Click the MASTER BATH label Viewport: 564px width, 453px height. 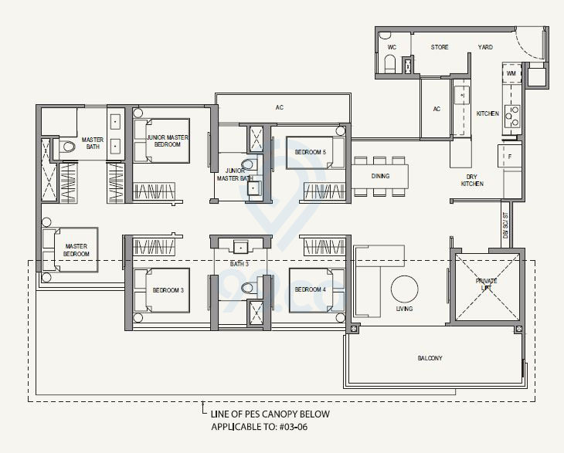coord(93,143)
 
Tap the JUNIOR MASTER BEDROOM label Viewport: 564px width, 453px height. coord(168,140)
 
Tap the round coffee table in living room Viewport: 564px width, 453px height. coord(404,290)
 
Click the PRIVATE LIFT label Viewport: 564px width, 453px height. coord(487,285)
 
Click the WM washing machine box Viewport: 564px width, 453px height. coord(511,73)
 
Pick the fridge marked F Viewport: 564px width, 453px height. coord(510,156)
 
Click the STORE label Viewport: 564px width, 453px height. coord(440,48)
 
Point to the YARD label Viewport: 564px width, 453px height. coord(485,48)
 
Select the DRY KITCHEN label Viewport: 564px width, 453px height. coord(472,180)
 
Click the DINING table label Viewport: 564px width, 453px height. coord(380,176)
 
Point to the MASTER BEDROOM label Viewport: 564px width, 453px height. coord(76,249)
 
